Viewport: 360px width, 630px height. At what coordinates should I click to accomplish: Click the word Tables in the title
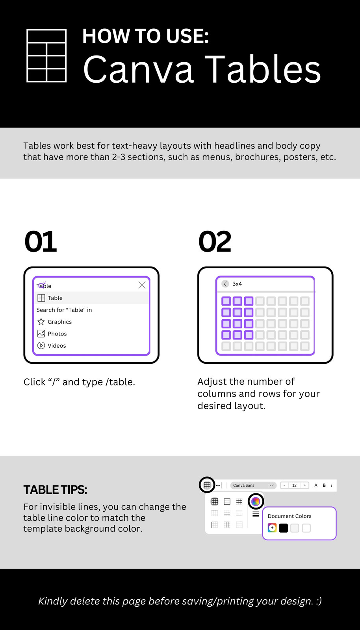(x=263, y=69)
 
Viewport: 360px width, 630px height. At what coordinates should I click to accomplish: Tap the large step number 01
(x=41, y=241)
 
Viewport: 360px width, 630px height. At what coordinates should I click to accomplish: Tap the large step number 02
(x=215, y=241)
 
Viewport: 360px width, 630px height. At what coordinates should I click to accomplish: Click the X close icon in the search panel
(x=142, y=285)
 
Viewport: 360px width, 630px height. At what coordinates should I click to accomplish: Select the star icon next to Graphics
(x=41, y=321)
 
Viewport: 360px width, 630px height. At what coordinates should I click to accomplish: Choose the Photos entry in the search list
(x=57, y=334)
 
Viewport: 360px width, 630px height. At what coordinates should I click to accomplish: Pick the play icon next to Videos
(x=41, y=345)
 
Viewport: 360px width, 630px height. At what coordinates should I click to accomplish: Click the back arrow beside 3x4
(x=225, y=284)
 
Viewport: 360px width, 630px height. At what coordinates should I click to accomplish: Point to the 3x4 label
(x=237, y=284)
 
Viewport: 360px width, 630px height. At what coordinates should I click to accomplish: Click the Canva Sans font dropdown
(x=253, y=485)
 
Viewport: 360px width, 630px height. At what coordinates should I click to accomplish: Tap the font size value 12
(x=295, y=485)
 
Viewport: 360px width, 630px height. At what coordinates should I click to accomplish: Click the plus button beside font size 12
(x=305, y=485)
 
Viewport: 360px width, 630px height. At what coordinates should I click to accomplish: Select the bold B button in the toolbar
(x=324, y=485)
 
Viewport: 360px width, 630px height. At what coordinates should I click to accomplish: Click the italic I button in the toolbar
(x=332, y=485)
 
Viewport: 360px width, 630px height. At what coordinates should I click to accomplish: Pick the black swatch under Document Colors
(x=284, y=528)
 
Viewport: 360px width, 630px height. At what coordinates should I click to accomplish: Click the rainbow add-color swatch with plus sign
(x=272, y=528)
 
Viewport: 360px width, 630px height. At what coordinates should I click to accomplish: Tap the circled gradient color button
(x=256, y=501)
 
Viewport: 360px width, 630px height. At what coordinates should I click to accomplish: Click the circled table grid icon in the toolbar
(x=207, y=485)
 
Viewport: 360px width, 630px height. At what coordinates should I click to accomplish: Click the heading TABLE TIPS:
(x=55, y=490)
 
